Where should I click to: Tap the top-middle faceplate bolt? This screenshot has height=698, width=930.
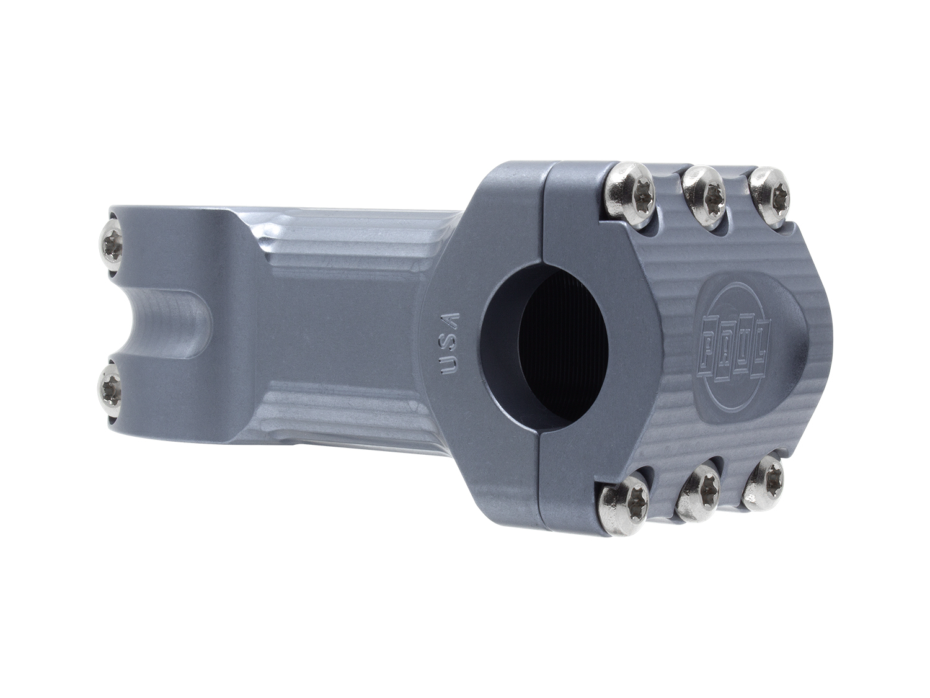(x=704, y=195)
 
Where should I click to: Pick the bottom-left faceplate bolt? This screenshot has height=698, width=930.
(x=625, y=500)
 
